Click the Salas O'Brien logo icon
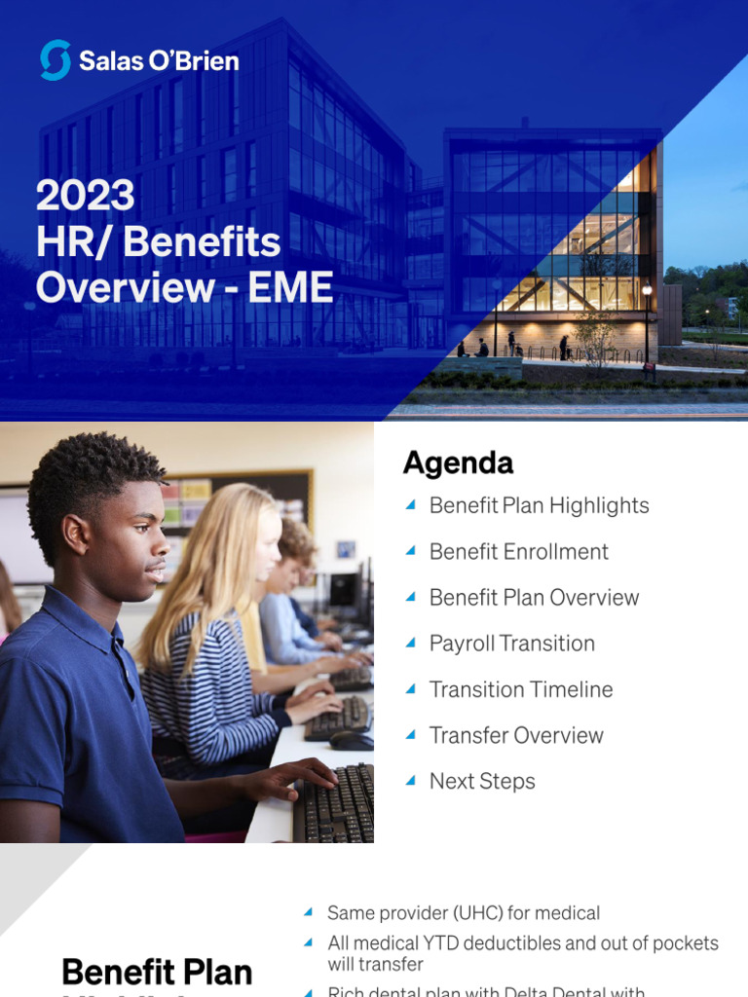click(x=55, y=60)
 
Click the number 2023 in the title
click(x=86, y=195)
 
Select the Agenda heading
click(x=458, y=463)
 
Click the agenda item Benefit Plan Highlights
click(x=539, y=505)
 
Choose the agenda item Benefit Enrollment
click(x=518, y=551)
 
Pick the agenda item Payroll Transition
click(x=511, y=644)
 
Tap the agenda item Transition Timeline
click(x=521, y=689)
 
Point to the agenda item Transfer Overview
click(x=516, y=735)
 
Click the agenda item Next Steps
click(x=482, y=781)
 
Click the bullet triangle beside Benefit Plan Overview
click(x=410, y=597)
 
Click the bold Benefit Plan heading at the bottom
click(x=157, y=972)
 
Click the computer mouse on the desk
click(x=350, y=740)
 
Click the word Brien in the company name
click(x=206, y=61)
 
